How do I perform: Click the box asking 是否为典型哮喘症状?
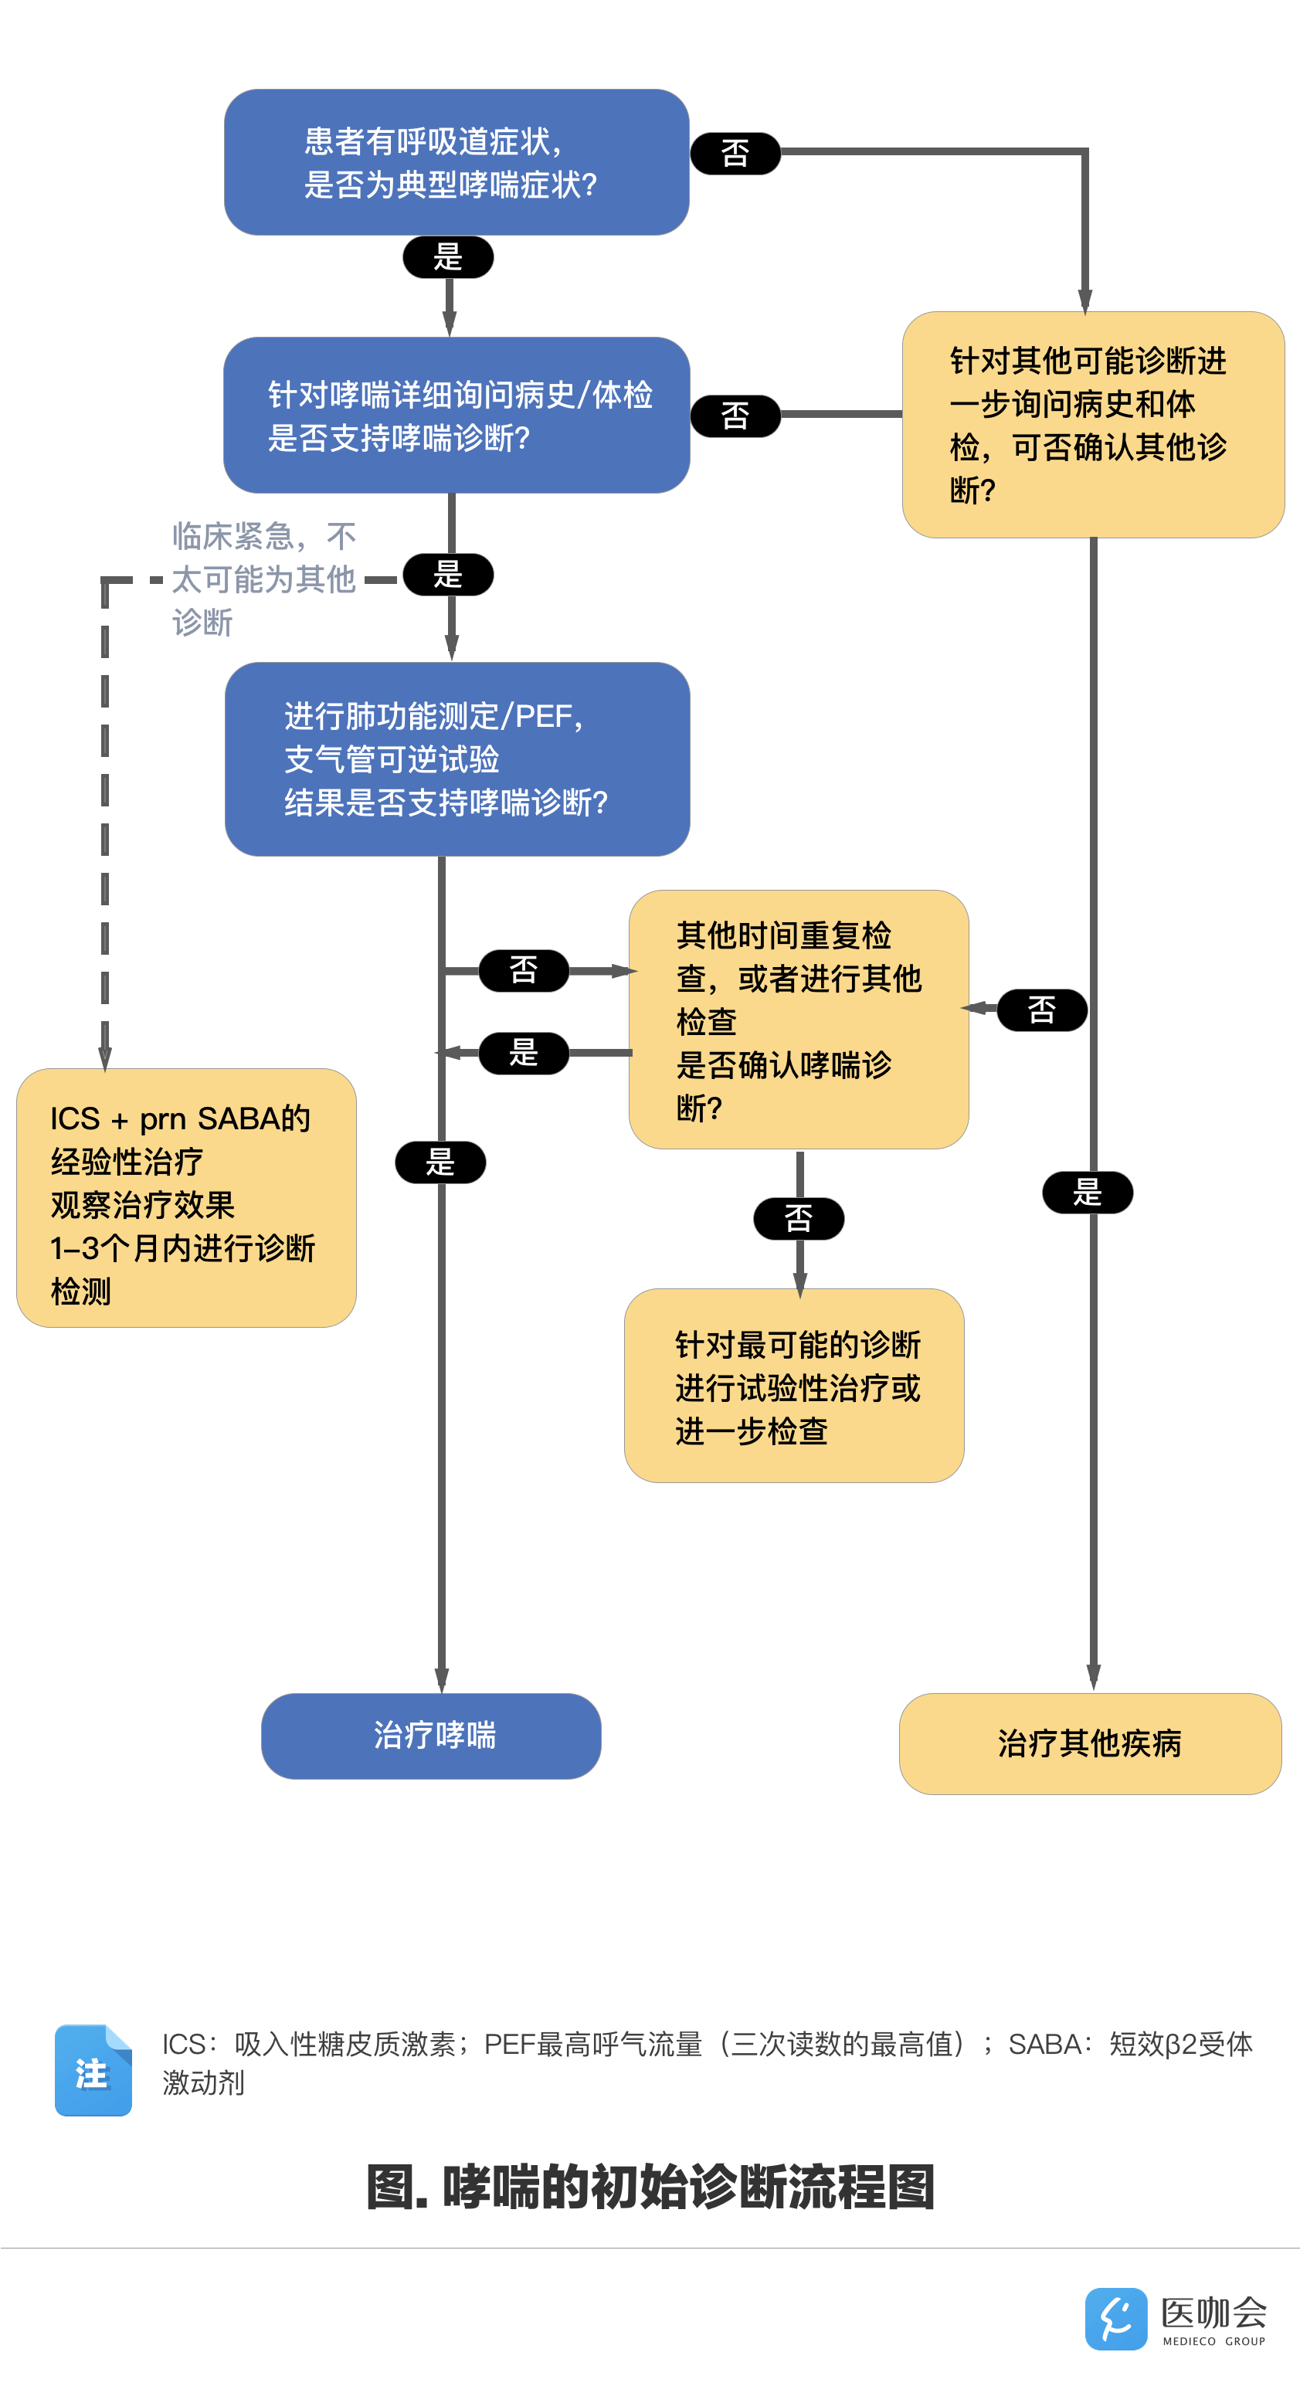[x=456, y=162]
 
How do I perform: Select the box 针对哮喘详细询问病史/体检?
[x=456, y=415]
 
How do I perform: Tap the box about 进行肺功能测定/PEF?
[x=457, y=759]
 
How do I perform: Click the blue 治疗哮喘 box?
[x=431, y=1735]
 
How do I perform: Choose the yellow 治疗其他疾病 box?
[x=1090, y=1743]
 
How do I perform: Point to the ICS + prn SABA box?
[x=186, y=1197]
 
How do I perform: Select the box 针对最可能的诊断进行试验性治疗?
[x=794, y=1385]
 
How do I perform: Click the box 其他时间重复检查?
[x=798, y=1019]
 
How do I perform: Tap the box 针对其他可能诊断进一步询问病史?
[x=1092, y=424]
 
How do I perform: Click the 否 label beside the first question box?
[x=735, y=153]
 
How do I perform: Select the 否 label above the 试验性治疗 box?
[x=799, y=1218]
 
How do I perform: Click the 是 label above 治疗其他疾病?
[x=1087, y=1192]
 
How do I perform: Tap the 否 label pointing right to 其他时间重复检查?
[x=524, y=970]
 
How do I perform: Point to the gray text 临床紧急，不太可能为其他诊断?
[x=263, y=579]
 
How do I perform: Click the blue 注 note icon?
[x=93, y=2070]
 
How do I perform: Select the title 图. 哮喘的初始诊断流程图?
[x=650, y=2187]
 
